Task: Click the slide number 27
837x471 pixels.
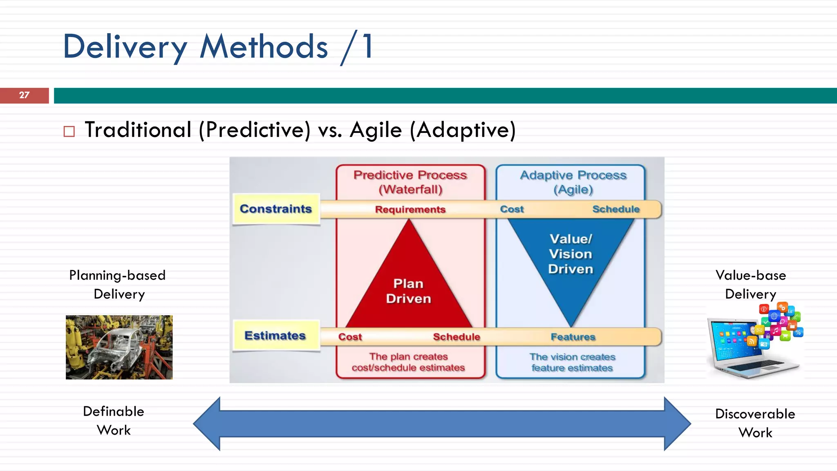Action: tap(24, 95)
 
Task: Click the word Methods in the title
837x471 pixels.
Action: tap(264, 47)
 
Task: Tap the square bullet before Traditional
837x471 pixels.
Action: tap(69, 132)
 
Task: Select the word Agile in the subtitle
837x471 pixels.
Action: tap(376, 130)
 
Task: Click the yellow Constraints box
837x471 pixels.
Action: tap(276, 209)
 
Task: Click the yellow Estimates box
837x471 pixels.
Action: tap(275, 336)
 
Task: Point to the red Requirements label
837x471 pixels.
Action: tap(410, 209)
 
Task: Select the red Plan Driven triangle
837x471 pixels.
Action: tap(408, 286)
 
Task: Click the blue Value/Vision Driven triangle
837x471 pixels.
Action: tap(571, 258)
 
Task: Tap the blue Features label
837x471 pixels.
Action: tap(573, 337)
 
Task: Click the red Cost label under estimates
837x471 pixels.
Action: tap(350, 337)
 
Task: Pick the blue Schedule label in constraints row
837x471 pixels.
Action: tap(615, 209)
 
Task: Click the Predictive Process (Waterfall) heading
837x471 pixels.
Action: tap(410, 182)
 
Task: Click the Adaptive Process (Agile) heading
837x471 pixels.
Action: tap(573, 182)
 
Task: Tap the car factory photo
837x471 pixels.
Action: tap(119, 347)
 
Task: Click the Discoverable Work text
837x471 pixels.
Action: tap(755, 423)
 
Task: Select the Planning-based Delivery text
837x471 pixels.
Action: tap(118, 285)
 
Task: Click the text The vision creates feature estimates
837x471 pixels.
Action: tap(572, 362)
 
